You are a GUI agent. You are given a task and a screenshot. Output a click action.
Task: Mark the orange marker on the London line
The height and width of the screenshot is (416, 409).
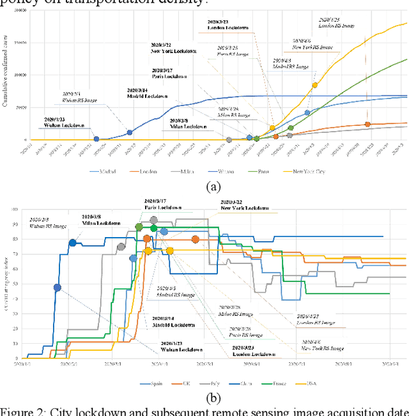tap(367, 125)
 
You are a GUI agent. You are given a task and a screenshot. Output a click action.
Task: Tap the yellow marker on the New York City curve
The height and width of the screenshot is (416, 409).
tap(314, 85)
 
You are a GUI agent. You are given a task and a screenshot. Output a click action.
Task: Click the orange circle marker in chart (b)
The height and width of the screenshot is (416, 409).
tap(196, 240)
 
